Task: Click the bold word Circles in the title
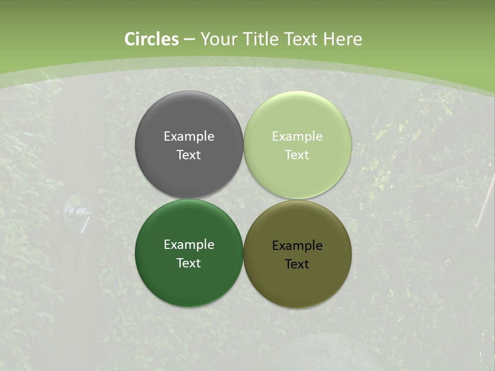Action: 152,39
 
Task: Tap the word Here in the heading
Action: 342,39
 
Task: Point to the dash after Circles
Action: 189,40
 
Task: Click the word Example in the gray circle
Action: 189,137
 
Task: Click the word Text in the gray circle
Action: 189,155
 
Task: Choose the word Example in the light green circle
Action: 298,137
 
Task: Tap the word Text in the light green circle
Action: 298,155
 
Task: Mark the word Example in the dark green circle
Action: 189,245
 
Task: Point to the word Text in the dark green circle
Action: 189,263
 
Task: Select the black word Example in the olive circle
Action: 298,246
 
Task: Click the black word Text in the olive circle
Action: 298,264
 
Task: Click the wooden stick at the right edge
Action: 486,201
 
